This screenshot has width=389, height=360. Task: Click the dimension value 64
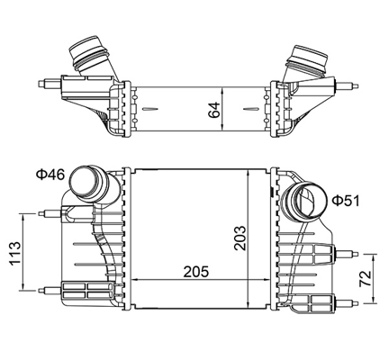[214, 110]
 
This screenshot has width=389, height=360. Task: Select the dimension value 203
[240, 238]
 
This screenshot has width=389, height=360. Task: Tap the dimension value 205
[196, 272]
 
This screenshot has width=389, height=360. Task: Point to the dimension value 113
[15, 253]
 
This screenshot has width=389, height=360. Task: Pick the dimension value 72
[366, 279]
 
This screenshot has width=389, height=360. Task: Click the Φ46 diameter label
[50, 175]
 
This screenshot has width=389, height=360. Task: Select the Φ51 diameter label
[346, 201]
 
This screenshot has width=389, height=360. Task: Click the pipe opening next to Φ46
[84, 183]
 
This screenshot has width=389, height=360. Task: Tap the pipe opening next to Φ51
[305, 202]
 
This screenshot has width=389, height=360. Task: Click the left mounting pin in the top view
[50, 84]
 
